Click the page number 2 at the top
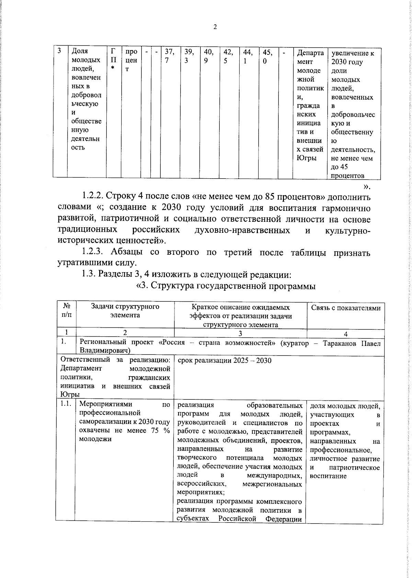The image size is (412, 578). [x=215, y=27]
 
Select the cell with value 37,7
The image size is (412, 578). [x=170, y=56]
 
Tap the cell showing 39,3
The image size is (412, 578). [x=189, y=56]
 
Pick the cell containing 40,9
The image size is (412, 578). [x=209, y=56]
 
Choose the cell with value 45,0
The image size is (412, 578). [x=267, y=56]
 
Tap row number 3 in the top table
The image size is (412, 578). [x=59, y=51]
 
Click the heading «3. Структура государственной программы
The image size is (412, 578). [x=226, y=286]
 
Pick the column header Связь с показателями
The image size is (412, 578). [x=345, y=308]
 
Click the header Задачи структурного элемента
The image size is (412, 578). [x=125, y=311]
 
